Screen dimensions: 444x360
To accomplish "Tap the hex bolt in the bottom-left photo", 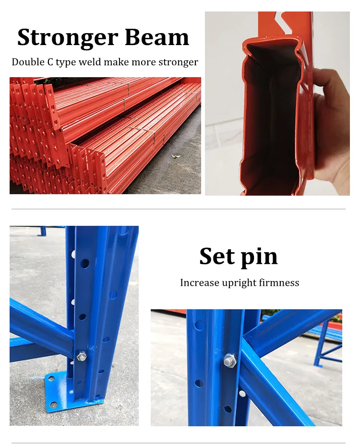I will (82, 356).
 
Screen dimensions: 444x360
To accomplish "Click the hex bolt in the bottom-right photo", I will (229, 360).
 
